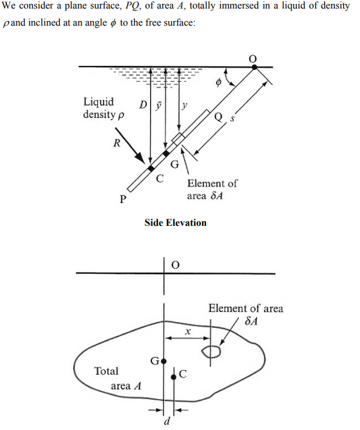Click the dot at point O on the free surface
[255, 67]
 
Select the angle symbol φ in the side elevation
[219, 82]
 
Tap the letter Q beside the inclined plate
[219, 117]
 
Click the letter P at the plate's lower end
[123, 199]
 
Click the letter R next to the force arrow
[116, 143]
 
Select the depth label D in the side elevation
[143, 105]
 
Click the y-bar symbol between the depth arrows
[159, 105]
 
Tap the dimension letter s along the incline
[232, 119]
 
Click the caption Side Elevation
[176, 223]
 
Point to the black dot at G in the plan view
[164, 362]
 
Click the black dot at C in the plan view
[174, 377]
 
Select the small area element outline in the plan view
[211, 352]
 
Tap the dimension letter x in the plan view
[188, 332]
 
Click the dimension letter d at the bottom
[167, 420]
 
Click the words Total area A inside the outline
[118, 379]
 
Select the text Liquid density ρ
[103, 108]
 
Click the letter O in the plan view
[176, 265]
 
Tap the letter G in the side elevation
[175, 165]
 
